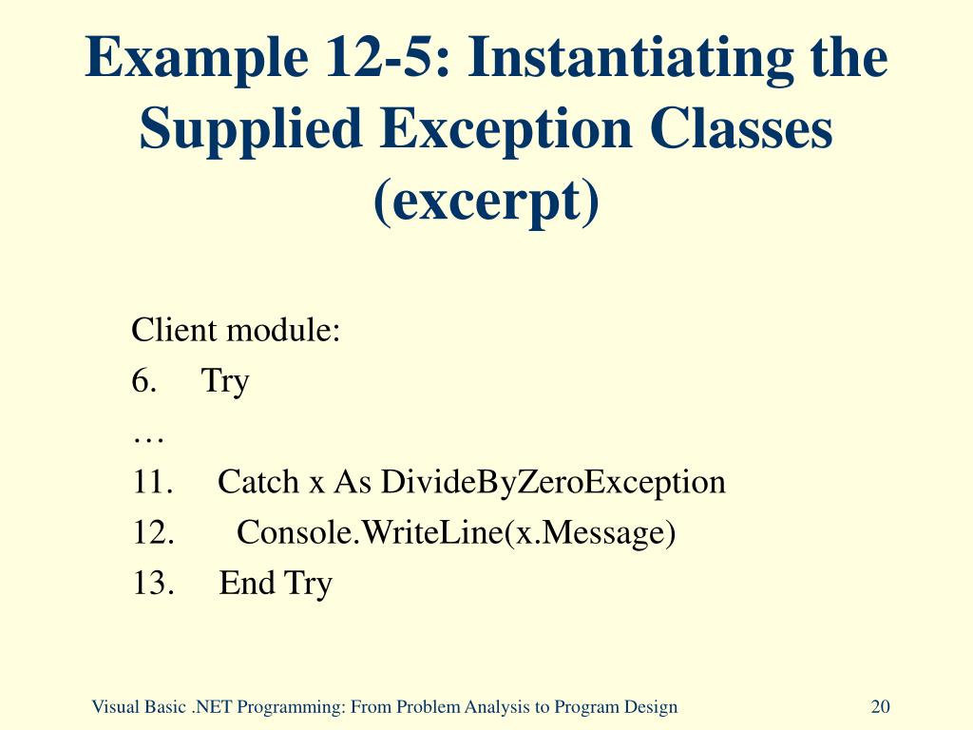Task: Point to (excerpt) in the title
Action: click(486, 201)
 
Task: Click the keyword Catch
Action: click(258, 482)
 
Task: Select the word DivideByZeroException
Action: click(553, 482)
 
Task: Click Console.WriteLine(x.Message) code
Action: click(456, 532)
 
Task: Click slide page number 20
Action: click(880, 706)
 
